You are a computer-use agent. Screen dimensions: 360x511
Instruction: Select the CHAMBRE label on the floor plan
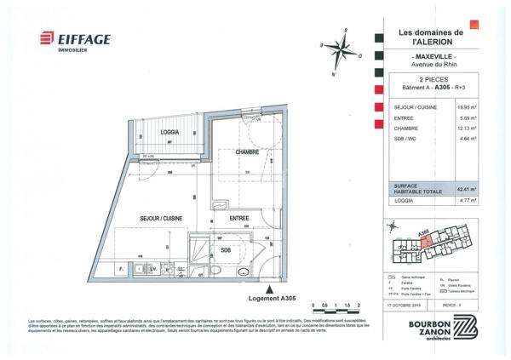(247, 151)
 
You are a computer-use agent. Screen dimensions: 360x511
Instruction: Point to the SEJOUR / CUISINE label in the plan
(163, 219)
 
